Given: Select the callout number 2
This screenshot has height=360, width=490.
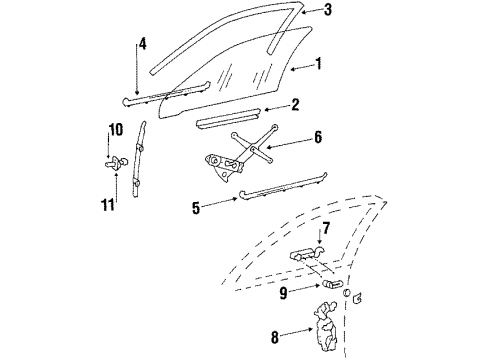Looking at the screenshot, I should [x=295, y=104].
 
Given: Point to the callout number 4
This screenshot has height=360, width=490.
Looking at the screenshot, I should [x=142, y=44].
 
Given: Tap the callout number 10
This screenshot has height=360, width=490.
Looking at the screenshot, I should [x=114, y=130].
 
